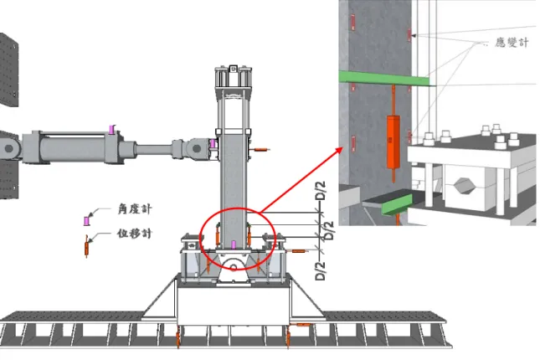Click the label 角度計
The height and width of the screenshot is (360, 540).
coord(135,209)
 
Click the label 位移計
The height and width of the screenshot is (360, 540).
coord(134,234)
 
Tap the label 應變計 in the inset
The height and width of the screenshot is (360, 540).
coord(512,43)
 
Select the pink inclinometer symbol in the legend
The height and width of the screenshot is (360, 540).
coord(87,221)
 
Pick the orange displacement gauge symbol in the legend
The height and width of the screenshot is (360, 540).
coord(87,247)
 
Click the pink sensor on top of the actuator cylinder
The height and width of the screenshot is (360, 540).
coord(111,130)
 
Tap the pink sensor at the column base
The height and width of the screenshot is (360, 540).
coord(234,244)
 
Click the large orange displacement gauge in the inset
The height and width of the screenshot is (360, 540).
coord(393,142)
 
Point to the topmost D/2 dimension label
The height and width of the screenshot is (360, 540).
coord(321,191)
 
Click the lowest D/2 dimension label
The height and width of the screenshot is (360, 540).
coord(320,271)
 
